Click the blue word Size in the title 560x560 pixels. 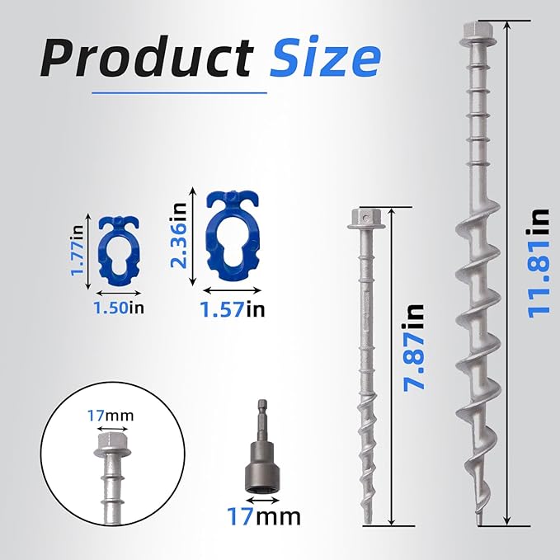[x=326, y=59]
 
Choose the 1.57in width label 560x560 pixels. [x=234, y=309]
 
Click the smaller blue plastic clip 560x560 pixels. [x=121, y=252]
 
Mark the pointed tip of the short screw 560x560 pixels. [x=365, y=517]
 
